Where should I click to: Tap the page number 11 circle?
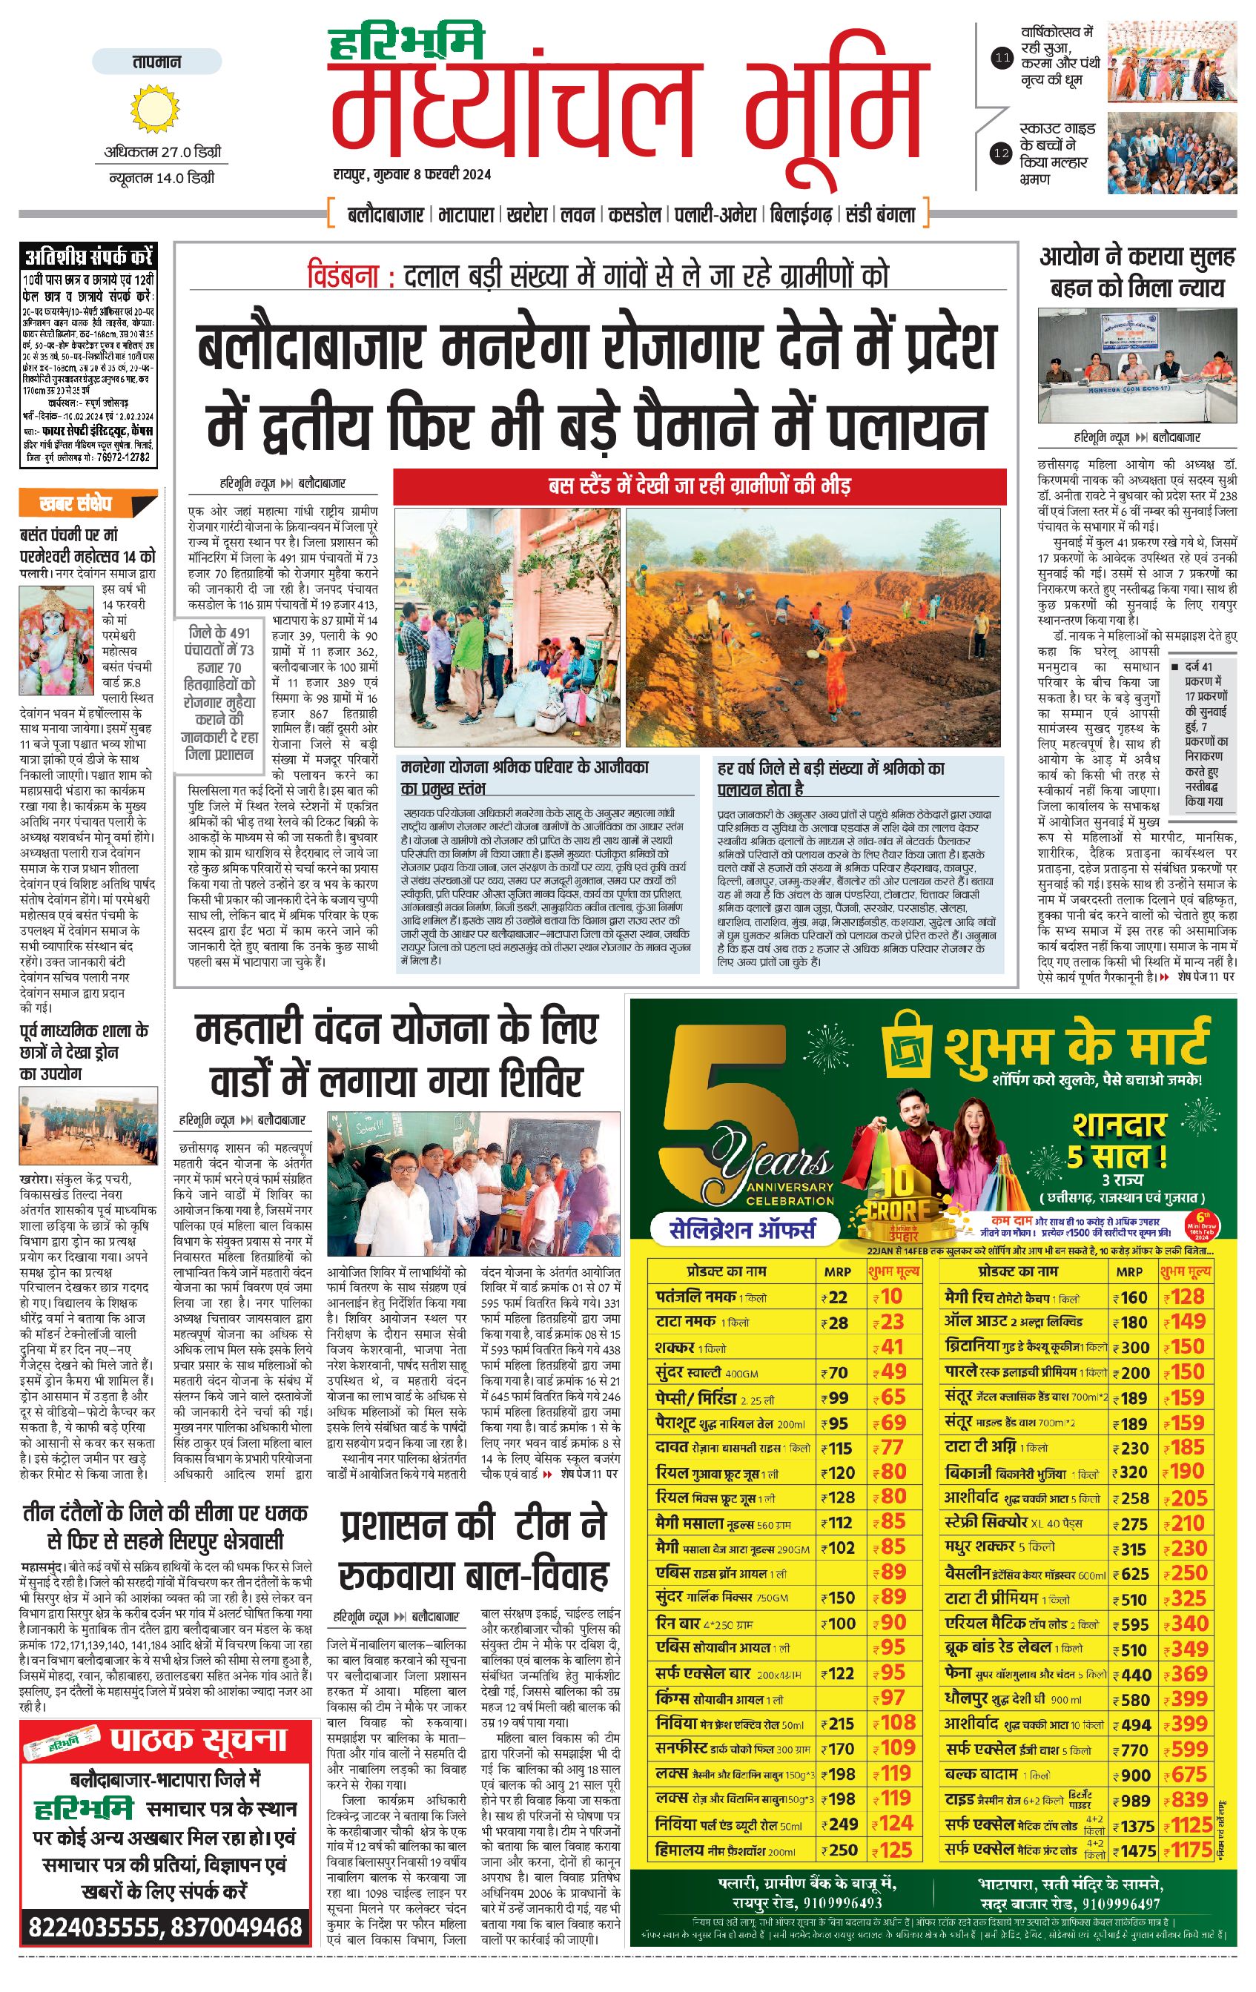click(x=1002, y=58)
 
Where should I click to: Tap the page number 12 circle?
click(x=1002, y=153)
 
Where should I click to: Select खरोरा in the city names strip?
click(x=527, y=215)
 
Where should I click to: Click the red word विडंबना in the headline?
click(x=342, y=276)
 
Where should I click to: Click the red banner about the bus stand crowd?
click(x=699, y=486)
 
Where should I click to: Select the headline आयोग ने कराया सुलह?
click(x=1137, y=258)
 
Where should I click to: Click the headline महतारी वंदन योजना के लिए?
click(x=397, y=1030)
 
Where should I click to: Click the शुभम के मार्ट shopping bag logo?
click(x=908, y=1047)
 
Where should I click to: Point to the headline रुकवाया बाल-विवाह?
click(x=474, y=1576)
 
